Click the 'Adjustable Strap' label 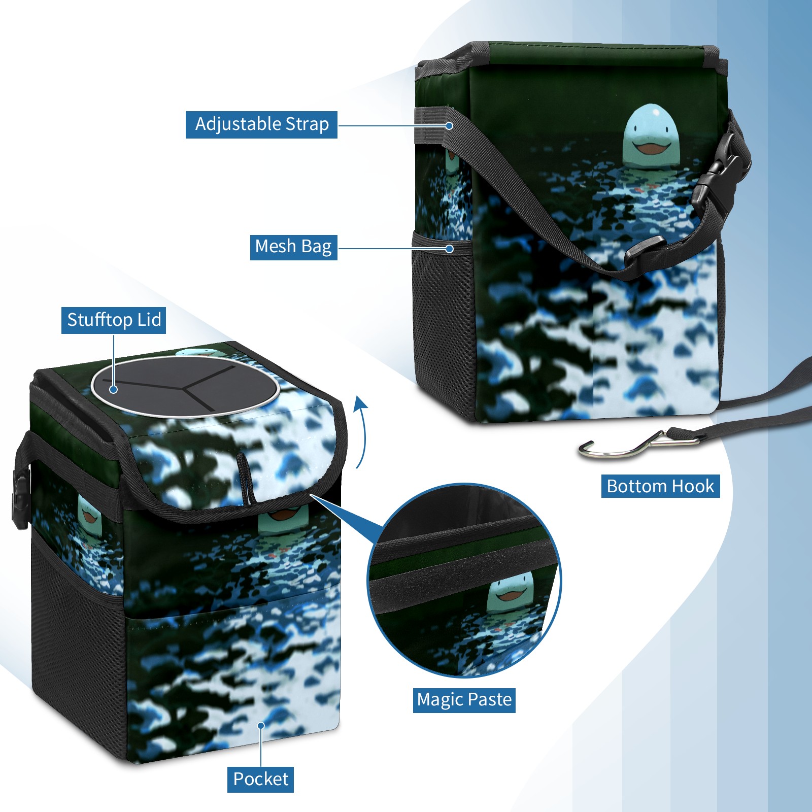pos(261,124)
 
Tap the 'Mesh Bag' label pos(293,247)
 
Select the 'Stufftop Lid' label pos(114,320)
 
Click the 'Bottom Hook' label pos(660,486)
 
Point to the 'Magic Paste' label pos(464,700)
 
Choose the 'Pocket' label pos(260,779)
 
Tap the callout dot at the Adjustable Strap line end pos(449,125)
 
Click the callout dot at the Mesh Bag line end pos(449,249)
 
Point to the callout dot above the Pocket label pos(261,725)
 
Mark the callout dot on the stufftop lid pos(114,389)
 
